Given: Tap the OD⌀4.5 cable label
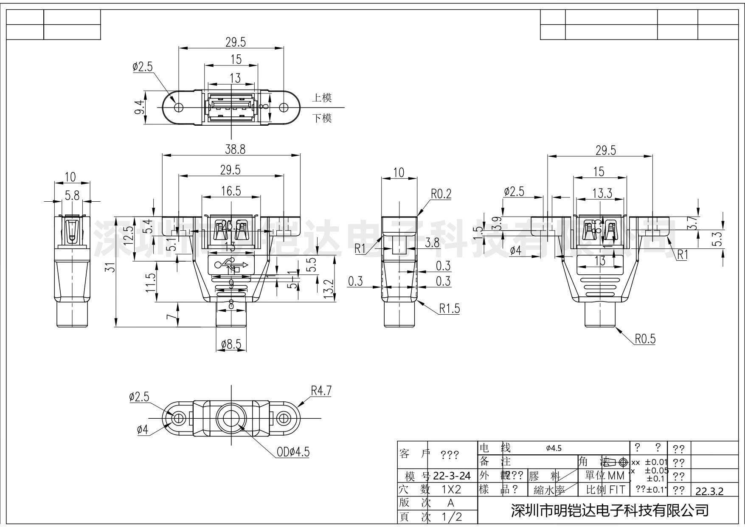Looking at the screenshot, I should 293,452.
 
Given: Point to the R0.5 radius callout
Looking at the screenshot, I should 645,338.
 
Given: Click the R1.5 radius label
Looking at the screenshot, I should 449,308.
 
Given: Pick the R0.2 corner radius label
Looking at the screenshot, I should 441,194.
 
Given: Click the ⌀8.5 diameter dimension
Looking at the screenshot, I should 231,344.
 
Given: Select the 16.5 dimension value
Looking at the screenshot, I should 231,191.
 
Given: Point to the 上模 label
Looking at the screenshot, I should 322,98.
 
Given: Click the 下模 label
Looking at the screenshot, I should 322,118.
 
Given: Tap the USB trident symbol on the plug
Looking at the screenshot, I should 231,265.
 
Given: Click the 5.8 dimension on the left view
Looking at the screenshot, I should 72,195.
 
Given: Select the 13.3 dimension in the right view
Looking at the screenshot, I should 602,194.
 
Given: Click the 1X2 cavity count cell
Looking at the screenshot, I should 451,489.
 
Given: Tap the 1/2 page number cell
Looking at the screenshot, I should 451,517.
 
